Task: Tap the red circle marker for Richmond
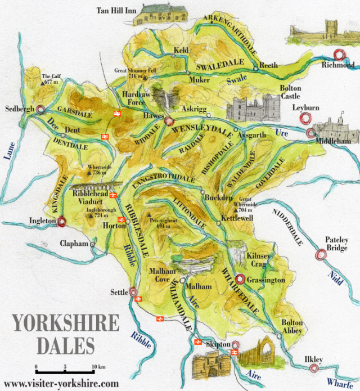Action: coord(339,55)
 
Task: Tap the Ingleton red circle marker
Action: coord(62,222)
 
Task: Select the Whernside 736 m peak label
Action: coord(98,170)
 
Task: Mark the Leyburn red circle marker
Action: coord(306,119)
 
